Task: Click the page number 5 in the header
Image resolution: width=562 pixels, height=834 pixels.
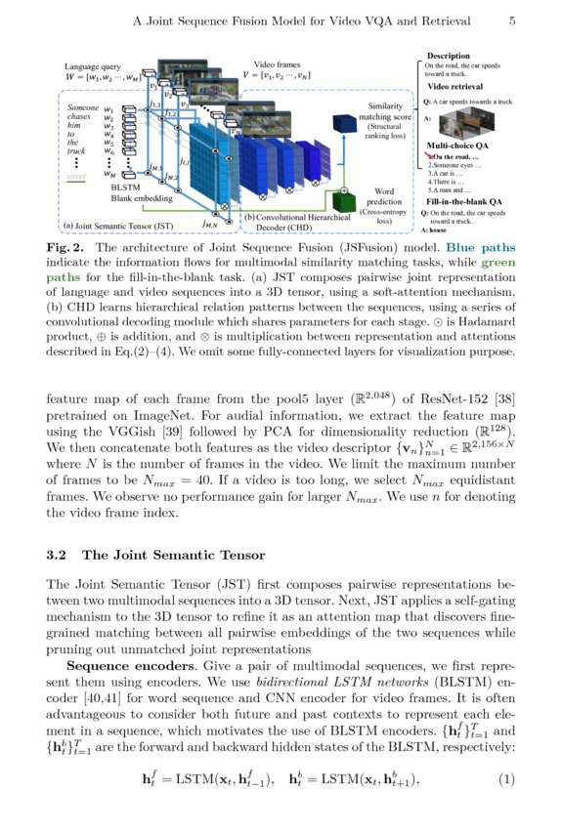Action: (512, 20)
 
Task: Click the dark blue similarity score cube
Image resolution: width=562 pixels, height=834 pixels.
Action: (344, 126)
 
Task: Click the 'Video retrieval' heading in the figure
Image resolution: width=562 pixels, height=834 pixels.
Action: (455, 87)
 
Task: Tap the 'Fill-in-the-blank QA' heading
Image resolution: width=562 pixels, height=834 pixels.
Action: (464, 200)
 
